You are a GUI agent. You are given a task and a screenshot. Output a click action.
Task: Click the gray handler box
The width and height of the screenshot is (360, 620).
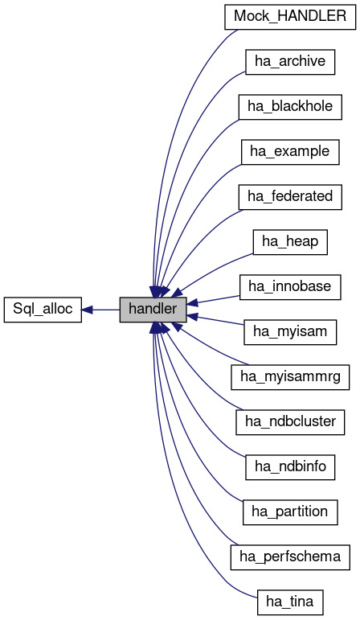153,310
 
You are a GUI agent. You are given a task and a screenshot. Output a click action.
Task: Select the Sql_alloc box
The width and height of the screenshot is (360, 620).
43,310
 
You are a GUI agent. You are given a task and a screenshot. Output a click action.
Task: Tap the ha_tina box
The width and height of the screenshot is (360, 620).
289,601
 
